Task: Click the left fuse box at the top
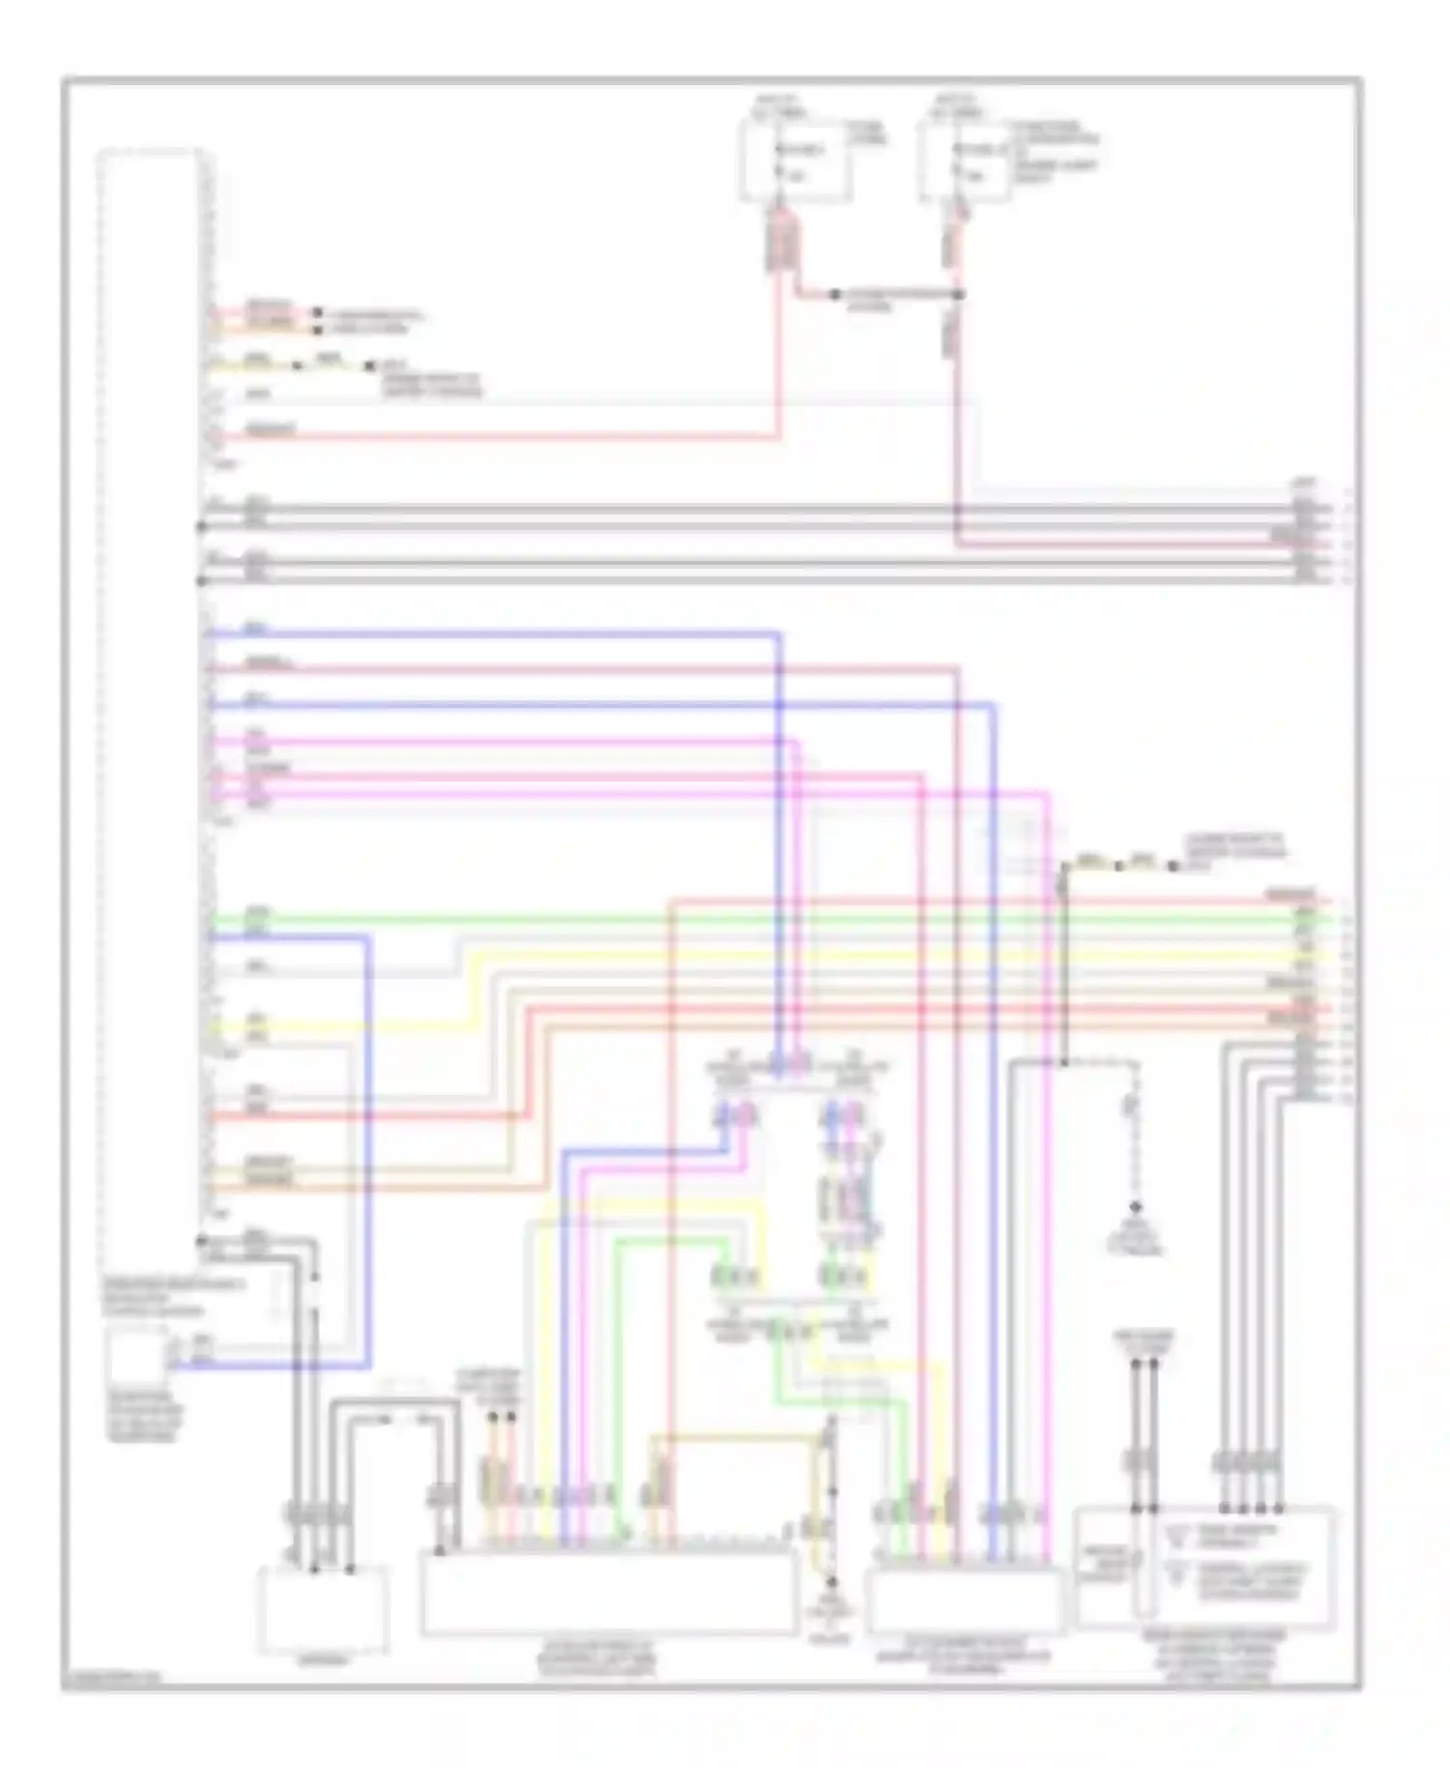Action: click(795, 162)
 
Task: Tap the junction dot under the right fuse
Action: click(958, 294)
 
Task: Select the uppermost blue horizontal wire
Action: click(493, 634)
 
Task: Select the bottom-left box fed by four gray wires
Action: click(322, 1610)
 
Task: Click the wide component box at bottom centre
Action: click(609, 1591)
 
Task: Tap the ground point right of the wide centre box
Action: click(829, 1583)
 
